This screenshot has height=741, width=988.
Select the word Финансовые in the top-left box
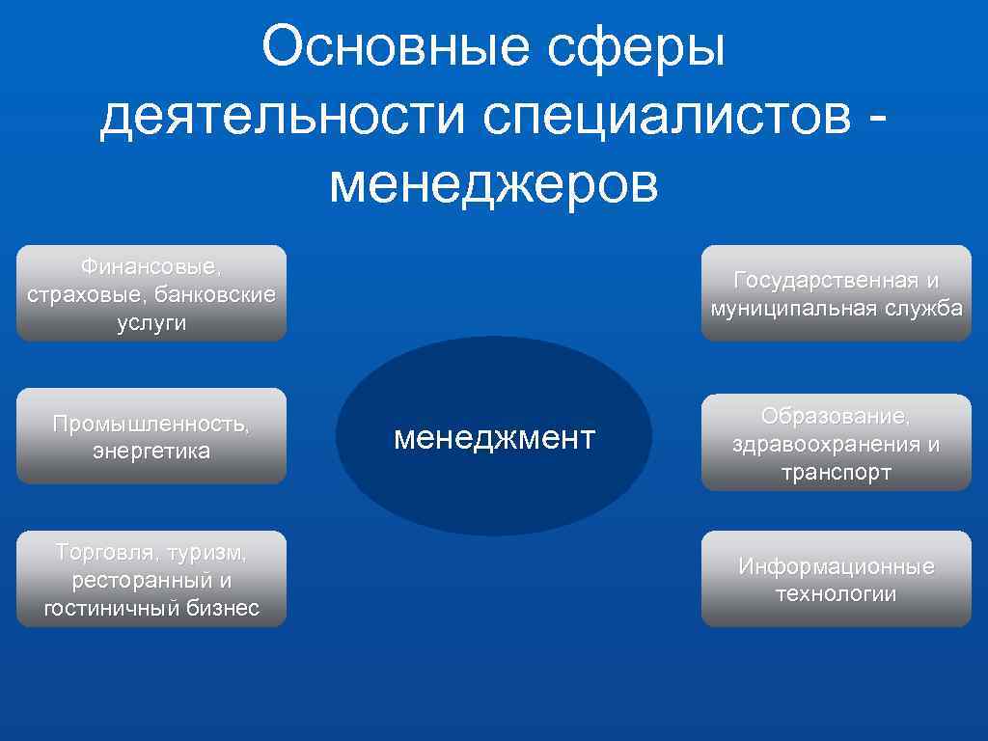151,264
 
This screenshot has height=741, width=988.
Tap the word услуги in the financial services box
151,323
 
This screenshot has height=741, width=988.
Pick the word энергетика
151,452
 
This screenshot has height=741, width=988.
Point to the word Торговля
104,553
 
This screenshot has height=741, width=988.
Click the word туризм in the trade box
206,553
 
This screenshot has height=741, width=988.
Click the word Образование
836,416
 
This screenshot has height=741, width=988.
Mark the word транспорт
836,473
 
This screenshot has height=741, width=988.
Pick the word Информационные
836,566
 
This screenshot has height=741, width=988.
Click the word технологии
836,594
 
